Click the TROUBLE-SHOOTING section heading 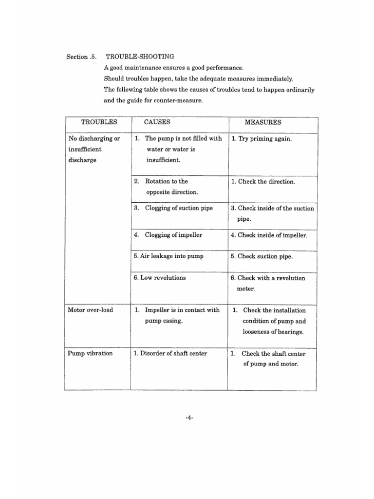[x=140, y=57]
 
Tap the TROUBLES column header [x=99, y=122]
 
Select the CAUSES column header [x=157, y=122]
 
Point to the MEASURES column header [x=262, y=123]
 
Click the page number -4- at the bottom [x=189, y=417]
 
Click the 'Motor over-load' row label [x=91, y=310]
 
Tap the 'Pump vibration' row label [x=91, y=353]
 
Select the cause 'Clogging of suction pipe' [x=173, y=208]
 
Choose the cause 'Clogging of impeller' [x=168, y=235]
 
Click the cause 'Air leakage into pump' [x=168, y=256]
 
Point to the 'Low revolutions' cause [x=159, y=277]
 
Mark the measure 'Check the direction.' [x=263, y=182]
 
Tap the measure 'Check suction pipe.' [x=262, y=256]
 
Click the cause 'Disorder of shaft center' [x=170, y=353]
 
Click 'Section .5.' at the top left [x=79, y=57]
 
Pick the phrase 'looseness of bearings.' [x=273, y=332]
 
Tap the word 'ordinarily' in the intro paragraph [x=297, y=90]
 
